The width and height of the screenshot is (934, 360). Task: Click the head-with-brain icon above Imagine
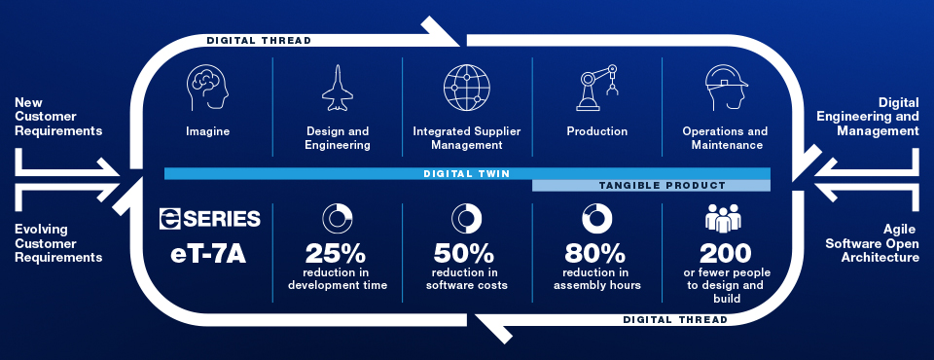(x=208, y=88)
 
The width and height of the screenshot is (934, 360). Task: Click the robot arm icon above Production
(x=597, y=89)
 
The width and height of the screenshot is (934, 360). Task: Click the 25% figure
(x=337, y=253)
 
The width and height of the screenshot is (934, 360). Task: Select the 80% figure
(x=595, y=253)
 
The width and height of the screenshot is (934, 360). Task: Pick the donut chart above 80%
(x=595, y=218)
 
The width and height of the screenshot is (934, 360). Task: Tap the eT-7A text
(x=210, y=254)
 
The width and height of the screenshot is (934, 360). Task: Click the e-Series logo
(x=210, y=219)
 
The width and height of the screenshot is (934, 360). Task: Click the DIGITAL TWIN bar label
(x=466, y=173)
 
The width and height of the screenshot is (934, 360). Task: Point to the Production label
(x=596, y=131)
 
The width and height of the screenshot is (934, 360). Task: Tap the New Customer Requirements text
(x=59, y=116)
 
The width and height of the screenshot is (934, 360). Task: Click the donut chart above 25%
(x=338, y=218)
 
